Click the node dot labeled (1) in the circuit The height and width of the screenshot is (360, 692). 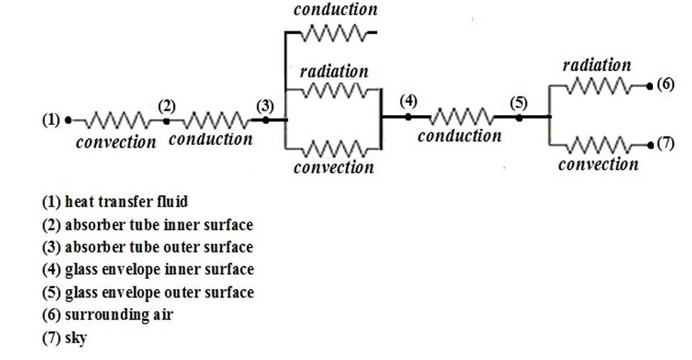[x=68, y=120]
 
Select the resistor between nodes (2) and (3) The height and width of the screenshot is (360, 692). [x=210, y=120]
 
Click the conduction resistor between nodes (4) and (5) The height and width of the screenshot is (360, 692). [x=463, y=117]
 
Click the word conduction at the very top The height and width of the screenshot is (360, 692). [x=335, y=9]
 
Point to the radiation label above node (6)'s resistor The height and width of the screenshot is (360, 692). [x=596, y=65]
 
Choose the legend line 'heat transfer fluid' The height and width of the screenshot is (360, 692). [x=115, y=201]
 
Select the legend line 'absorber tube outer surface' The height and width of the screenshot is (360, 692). [x=147, y=247]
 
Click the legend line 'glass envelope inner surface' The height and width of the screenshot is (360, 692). [x=148, y=270]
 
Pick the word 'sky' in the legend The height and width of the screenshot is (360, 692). [x=75, y=338]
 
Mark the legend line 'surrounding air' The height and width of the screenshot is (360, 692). [x=107, y=315]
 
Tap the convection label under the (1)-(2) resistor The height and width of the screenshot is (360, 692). [x=116, y=142]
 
